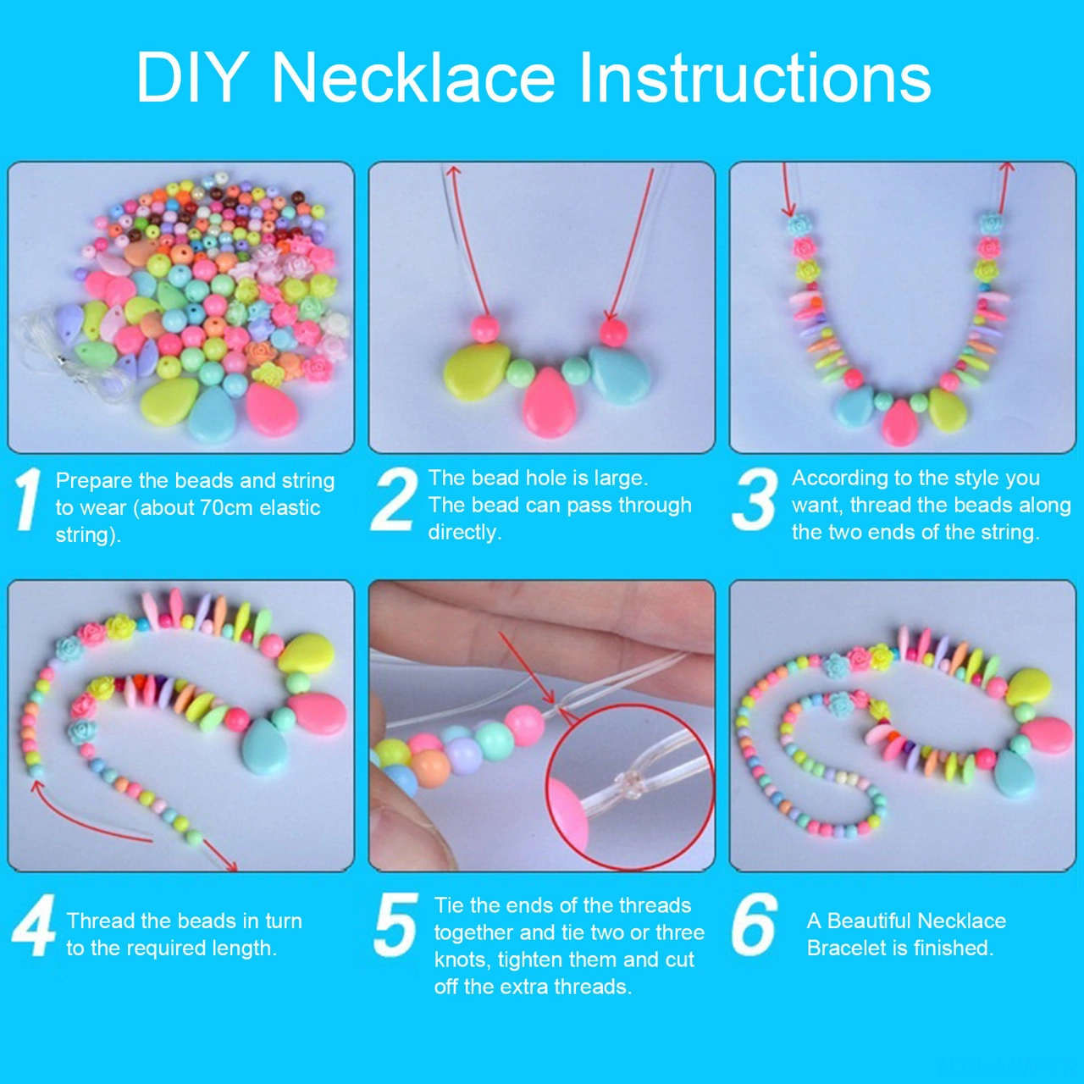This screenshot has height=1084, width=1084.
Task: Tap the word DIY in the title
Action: [191, 78]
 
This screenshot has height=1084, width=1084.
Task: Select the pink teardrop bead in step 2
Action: [549, 405]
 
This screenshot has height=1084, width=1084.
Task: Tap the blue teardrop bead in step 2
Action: [620, 374]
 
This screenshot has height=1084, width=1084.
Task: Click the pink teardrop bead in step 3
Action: [899, 422]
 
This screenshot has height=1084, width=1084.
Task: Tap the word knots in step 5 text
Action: [462, 960]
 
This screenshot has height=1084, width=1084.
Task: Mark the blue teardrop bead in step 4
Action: [265, 745]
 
